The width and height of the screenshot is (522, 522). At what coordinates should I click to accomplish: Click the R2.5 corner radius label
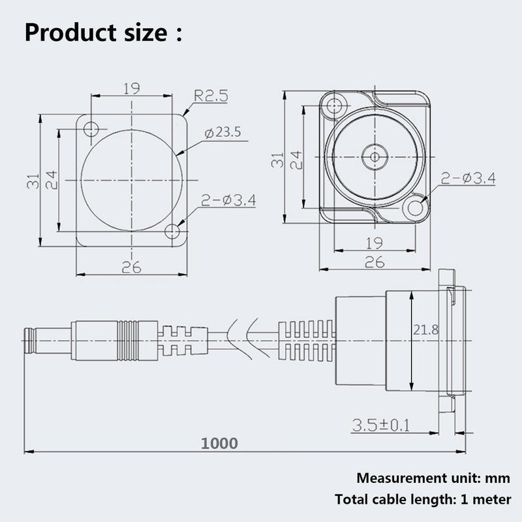pos(211,96)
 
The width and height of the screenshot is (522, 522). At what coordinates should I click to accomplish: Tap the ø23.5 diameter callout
pos(223,132)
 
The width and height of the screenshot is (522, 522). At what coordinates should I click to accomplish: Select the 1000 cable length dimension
pos(219,444)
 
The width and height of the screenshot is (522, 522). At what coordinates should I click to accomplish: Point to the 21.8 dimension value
pos(426,330)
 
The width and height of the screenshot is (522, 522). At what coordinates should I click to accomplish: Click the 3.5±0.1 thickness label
pos(381,425)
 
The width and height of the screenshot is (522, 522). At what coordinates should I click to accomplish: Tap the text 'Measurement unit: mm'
pos(433,478)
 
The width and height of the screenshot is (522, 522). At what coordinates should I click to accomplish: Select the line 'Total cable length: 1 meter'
pos(423,499)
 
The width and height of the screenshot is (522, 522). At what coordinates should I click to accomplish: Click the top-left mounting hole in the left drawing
pos(91,129)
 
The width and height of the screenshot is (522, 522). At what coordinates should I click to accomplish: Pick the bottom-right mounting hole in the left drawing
pos(172,232)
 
